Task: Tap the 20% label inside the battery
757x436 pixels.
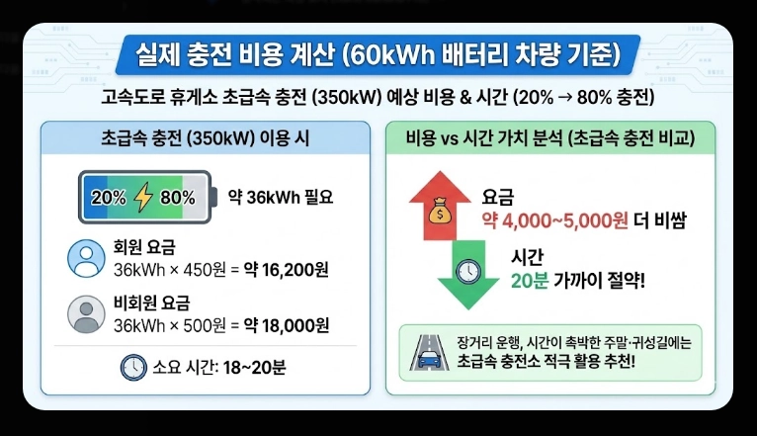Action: [x=108, y=197]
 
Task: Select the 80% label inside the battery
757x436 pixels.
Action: [x=177, y=197]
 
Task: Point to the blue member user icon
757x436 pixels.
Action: [x=86, y=259]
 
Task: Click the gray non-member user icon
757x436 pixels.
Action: [x=86, y=314]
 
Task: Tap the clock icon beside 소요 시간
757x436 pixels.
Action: [x=132, y=368]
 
